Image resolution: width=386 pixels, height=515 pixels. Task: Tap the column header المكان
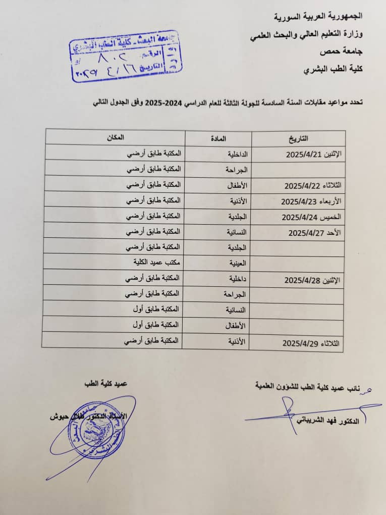pos(114,137)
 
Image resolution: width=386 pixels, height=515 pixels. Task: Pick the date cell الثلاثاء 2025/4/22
pos(312,185)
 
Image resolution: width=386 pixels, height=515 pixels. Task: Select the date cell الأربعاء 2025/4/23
pos(311,201)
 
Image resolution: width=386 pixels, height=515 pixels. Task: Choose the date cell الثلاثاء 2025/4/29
pos(311,343)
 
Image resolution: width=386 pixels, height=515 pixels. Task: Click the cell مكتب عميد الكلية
pos(148,263)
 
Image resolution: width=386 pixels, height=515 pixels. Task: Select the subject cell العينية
pos(236,263)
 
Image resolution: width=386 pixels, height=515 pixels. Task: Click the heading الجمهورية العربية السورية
pos(319,17)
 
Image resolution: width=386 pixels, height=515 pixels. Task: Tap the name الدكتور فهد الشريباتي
pos(329,421)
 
